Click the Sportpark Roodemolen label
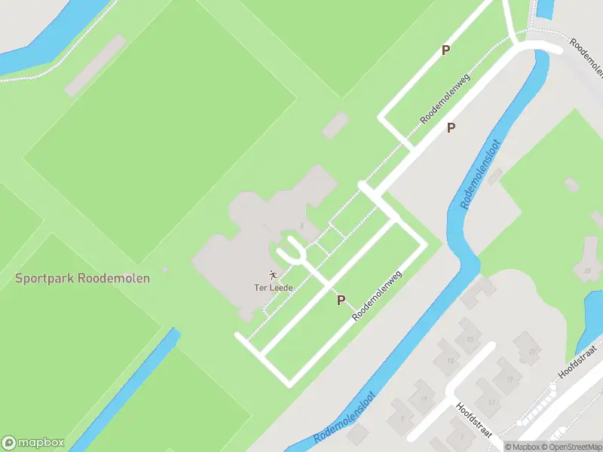tap(83, 278)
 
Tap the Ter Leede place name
tap(273, 288)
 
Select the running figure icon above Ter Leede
tap(273, 275)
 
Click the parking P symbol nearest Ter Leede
tap(341, 300)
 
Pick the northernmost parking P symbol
tap(446, 50)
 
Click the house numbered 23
tap(587, 270)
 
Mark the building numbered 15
tap(471, 341)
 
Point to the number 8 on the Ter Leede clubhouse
tap(301, 225)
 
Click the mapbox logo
tap(33, 443)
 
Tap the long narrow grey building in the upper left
tap(95, 66)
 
